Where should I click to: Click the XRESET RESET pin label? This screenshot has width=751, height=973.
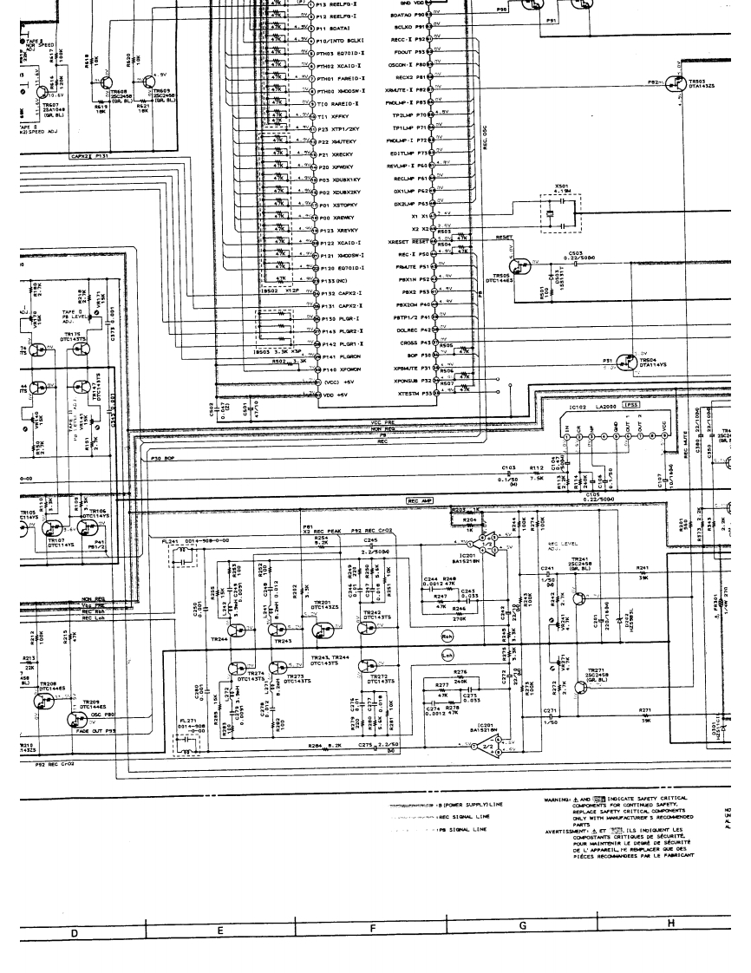408,242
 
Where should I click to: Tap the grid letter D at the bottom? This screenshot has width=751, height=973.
75,933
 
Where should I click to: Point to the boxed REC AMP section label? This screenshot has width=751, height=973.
419,500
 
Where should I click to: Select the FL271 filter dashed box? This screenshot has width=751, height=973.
187,743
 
